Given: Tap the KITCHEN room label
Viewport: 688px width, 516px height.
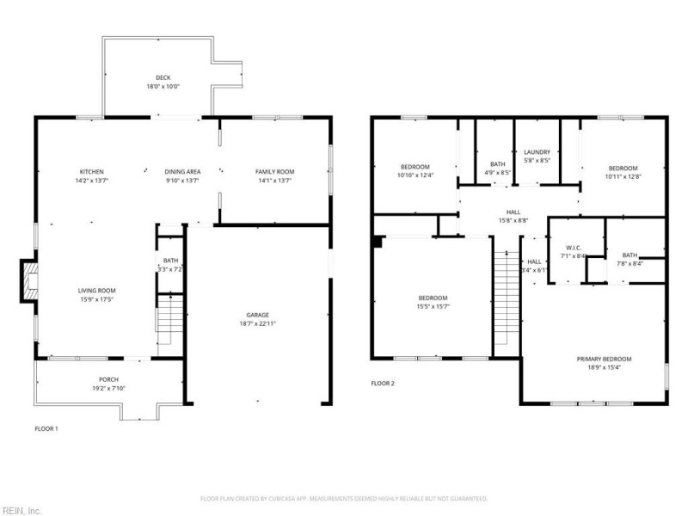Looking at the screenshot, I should tap(91, 171).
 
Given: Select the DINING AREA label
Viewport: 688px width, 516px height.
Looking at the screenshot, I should tap(182, 171).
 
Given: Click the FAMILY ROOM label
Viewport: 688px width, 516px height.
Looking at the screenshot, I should tap(274, 171).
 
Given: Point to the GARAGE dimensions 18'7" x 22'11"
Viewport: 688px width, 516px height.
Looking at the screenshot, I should tap(259, 324).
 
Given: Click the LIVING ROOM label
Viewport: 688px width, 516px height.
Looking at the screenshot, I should tap(96, 291).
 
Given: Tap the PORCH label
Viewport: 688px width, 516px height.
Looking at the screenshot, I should tap(108, 379).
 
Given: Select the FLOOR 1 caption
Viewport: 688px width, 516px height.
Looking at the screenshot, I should tap(46, 427).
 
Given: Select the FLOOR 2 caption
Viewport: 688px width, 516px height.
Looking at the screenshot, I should tap(383, 384).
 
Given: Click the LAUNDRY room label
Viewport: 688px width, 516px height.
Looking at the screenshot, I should tap(537, 151).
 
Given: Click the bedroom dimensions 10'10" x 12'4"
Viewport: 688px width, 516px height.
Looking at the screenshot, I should tap(415, 175).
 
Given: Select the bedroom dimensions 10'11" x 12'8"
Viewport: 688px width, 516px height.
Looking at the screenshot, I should tap(623, 176).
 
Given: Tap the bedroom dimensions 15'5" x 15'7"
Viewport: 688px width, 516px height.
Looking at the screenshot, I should tap(433, 306).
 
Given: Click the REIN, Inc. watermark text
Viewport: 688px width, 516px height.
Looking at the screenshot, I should tap(21, 509).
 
